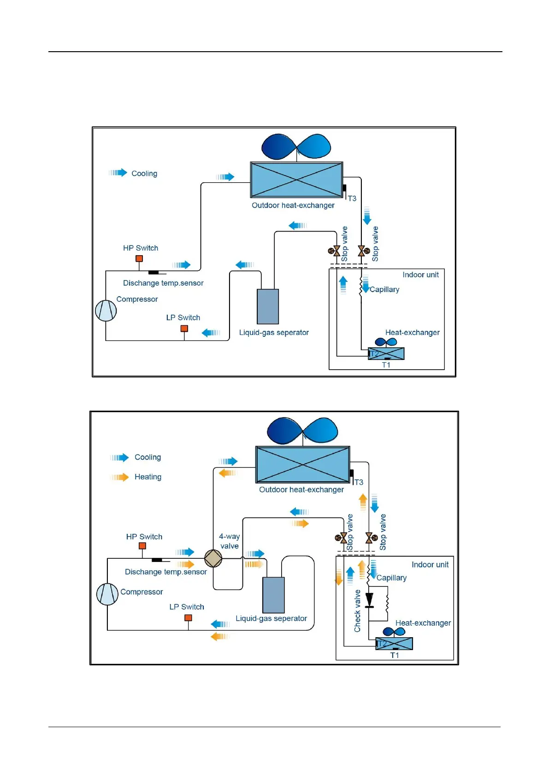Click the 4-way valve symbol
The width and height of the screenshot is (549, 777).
coord(213,558)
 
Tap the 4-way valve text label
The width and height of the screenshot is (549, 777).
coord(229,541)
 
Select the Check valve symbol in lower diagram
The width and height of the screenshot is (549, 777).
coord(369,600)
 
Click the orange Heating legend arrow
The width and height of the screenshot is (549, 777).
coord(119,477)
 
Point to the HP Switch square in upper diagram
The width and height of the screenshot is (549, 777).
coord(139,259)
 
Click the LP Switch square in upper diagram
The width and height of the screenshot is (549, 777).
coord(184,329)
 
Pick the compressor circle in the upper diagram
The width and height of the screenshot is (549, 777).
coord(106,311)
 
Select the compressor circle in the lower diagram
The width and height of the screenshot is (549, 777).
coord(107,594)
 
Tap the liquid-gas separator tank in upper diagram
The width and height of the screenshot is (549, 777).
coord(268,307)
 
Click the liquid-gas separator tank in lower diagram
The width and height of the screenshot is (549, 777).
coord(273,595)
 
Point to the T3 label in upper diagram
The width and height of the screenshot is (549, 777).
coord(352,199)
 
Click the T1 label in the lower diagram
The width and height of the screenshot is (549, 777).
coord(395,655)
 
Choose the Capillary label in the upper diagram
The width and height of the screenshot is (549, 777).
coord(384,290)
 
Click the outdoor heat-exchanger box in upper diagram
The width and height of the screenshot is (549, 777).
coord(296,180)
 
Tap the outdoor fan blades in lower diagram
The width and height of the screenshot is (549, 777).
coord(302,430)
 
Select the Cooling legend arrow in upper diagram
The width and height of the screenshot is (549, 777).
coord(118,173)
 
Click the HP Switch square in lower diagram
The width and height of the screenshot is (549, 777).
coord(142,546)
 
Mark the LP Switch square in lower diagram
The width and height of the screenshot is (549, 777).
coord(188,618)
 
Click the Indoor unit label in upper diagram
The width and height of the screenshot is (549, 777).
coord(420,275)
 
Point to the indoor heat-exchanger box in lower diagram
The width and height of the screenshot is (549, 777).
coord(395,643)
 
